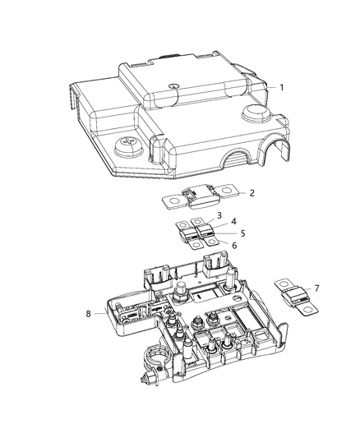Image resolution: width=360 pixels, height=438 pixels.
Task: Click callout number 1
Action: (x=281, y=86)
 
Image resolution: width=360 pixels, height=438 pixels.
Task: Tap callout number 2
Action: (x=229, y=193)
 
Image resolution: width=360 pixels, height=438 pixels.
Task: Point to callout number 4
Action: (x=234, y=222)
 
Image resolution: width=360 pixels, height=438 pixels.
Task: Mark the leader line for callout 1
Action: (x=265, y=86)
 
